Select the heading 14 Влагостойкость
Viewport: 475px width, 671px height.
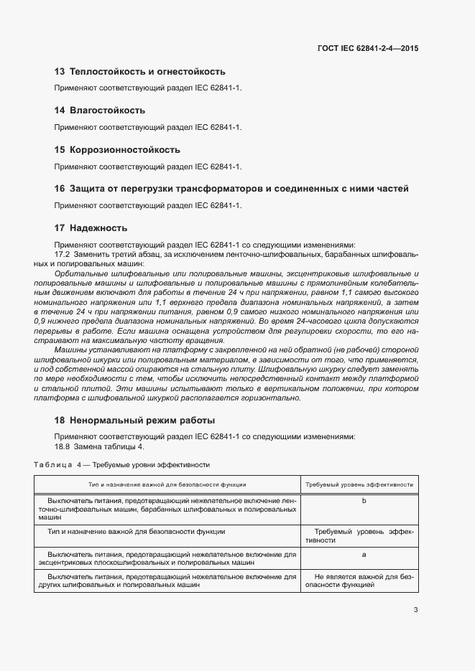(x=100, y=111)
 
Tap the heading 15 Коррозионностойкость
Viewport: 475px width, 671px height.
(x=117, y=150)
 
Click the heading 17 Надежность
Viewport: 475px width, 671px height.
(x=91, y=228)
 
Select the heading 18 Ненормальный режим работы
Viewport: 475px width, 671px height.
(x=134, y=420)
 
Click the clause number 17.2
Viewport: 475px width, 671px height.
(x=62, y=255)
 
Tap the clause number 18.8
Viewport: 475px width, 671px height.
(x=62, y=446)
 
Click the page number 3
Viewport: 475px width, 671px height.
(x=415, y=611)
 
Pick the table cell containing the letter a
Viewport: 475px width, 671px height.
(x=364, y=555)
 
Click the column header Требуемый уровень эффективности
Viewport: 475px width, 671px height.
(x=359, y=484)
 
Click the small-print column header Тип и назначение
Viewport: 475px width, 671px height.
(x=167, y=484)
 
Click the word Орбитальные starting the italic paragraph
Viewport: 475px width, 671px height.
(x=77, y=274)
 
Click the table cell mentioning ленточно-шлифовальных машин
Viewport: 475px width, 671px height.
(x=167, y=508)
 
